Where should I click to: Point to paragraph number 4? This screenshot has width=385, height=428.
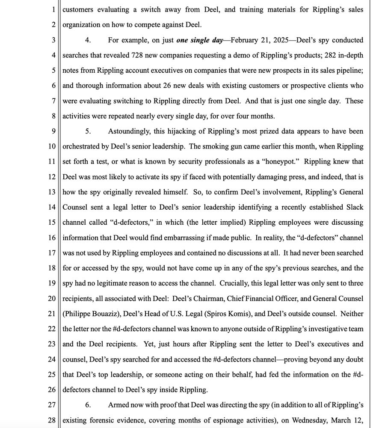[88, 40]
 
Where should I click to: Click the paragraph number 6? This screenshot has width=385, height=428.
[88, 405]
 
